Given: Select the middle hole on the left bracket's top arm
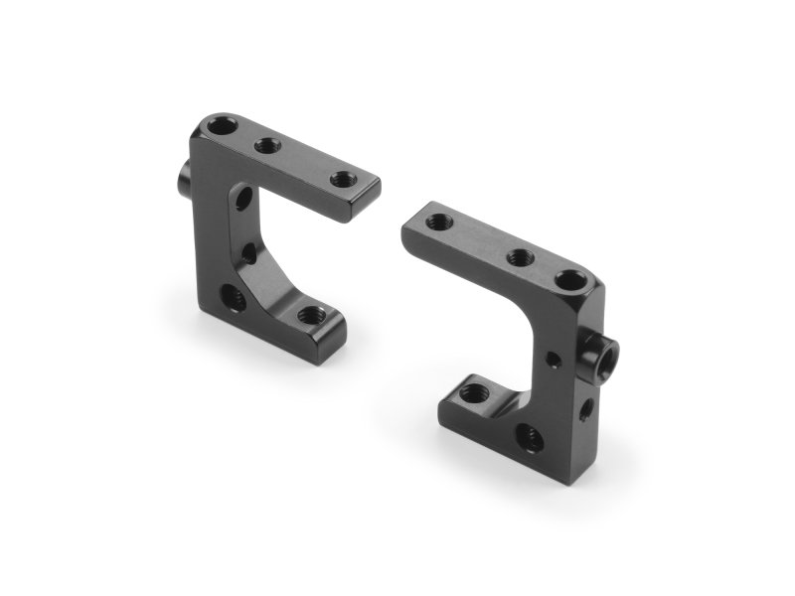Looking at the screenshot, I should [267, 145].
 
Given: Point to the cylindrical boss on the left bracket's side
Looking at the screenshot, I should [186, 180].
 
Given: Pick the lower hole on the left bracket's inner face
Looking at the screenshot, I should [249, 254].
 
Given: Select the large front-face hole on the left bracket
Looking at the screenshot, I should [232, 295].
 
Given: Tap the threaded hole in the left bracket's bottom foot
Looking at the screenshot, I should [309, 316].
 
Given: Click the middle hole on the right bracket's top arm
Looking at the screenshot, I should [520, 257].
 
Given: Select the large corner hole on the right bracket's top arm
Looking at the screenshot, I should [570, 280].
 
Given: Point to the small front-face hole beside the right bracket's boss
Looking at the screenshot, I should [550, 353].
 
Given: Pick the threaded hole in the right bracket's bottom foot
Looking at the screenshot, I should [472, 393].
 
